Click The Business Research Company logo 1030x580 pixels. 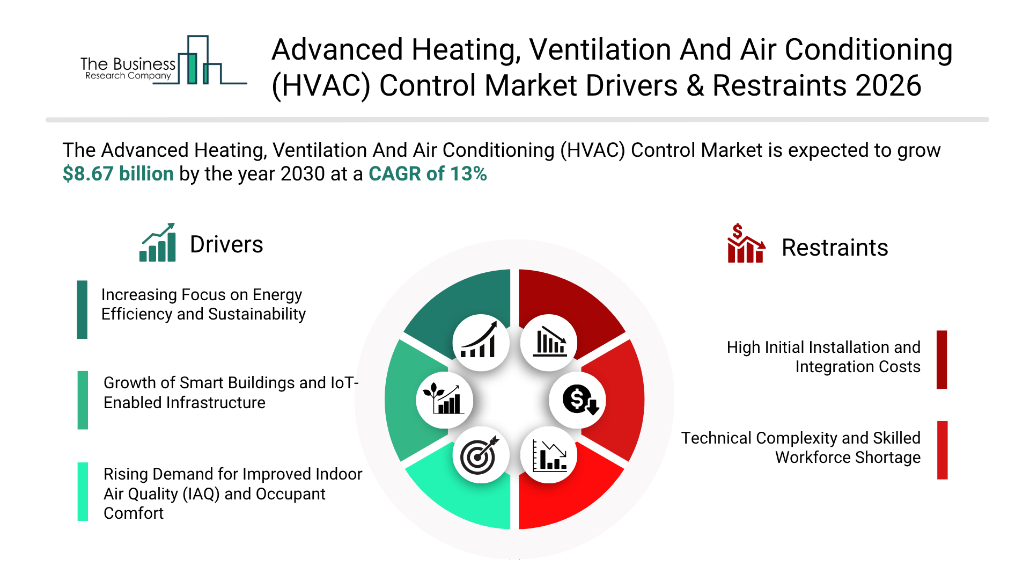(x=164, y=61)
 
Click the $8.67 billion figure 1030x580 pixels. (x=118, y=174)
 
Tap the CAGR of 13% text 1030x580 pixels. (x=428, y=174)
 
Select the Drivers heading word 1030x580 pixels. (x=226, y=244)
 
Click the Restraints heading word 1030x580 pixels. (x=835, y=248)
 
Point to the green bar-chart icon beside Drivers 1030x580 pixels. (x=158, y=243)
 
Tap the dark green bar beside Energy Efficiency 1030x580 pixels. (x=82, y=309)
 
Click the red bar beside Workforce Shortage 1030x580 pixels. (x=943, y=450)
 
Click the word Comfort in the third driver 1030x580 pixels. (x=134, y=513)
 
